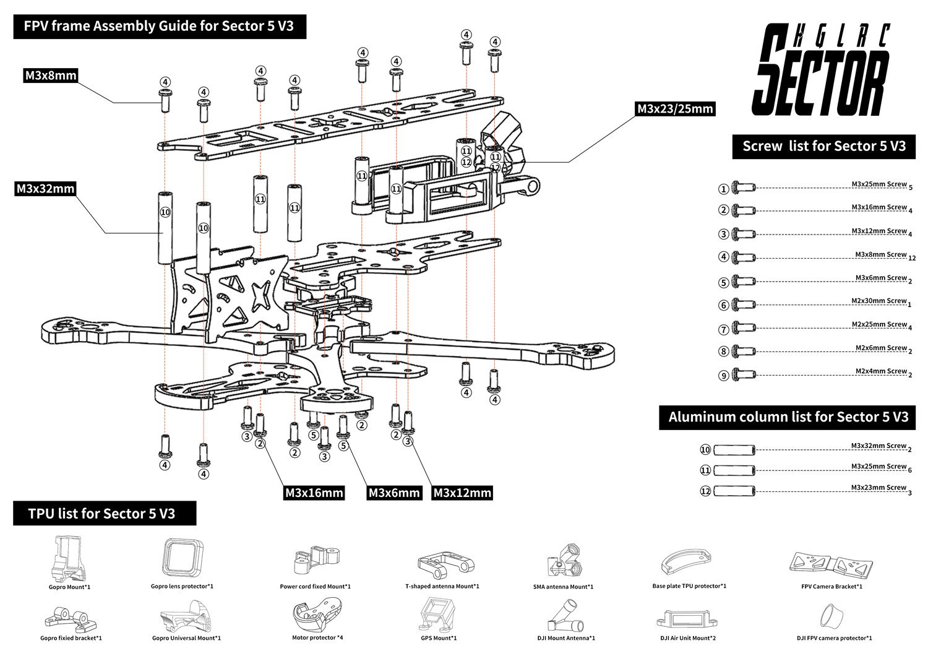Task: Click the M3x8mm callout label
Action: (51, 76)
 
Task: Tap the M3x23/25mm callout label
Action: (675, 109)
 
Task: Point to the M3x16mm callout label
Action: (314, 493)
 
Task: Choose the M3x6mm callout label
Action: (394, 493)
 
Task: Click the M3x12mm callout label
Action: (462, 493)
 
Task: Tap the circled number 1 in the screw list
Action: (723, 189)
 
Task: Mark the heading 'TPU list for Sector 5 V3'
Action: (101, 514)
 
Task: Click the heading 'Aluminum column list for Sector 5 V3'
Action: (788, 417)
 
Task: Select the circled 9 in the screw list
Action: (723, 376)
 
